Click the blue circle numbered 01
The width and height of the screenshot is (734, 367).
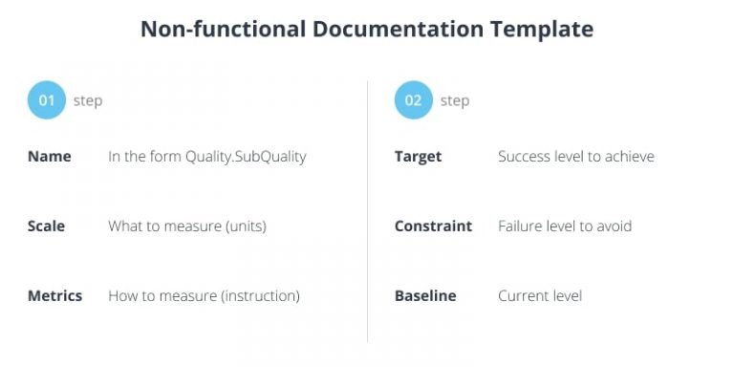point(46,100)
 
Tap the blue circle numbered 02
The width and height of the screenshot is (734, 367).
point(413,100)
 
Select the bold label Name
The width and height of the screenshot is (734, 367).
point(50,157)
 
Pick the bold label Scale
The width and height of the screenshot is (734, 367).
point(47,227)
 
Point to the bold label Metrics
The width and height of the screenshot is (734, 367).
point(54,296)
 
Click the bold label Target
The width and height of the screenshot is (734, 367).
point(418,157)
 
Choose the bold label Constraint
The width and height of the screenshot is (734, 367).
point(433,227)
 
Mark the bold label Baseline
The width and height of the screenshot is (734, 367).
point(425,296)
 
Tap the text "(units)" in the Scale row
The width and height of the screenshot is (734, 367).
point(243,227)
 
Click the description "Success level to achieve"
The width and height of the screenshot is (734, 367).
point(575,157)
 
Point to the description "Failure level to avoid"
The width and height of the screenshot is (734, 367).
point(564,227)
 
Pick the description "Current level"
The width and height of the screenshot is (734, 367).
point(539,296)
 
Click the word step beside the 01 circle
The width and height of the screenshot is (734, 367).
point(88,101)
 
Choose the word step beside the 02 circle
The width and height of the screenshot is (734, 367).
point(455,101)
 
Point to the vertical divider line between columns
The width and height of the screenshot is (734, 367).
point(368,210)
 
